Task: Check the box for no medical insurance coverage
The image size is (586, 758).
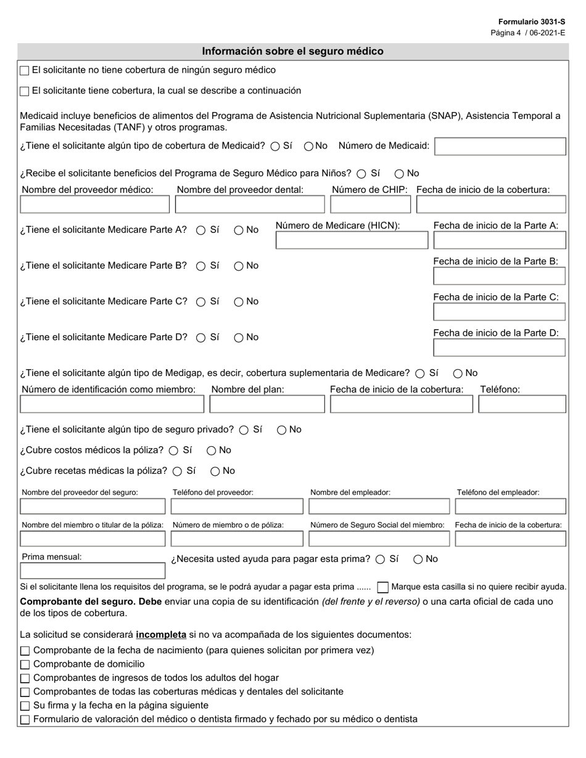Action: pos(25,71)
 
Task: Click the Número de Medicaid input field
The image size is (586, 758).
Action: pos(500,147)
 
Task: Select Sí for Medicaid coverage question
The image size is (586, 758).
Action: pos(275,147)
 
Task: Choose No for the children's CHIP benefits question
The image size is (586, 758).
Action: pos(399,174)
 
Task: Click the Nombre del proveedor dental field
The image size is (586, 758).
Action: pos(250,205)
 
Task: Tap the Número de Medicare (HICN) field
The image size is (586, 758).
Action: pos(352,240)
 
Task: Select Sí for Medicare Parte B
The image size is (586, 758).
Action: pos(201,266)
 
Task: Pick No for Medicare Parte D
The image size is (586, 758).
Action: pos(239,338)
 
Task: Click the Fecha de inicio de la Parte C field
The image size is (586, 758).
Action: pos(499,312)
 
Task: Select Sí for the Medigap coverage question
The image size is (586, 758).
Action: pos(420,373)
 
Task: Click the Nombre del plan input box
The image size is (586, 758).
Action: pos(267,404)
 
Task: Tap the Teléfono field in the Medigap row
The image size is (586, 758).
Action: pos(522,404)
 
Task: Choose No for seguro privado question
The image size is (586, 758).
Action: pos(281,430)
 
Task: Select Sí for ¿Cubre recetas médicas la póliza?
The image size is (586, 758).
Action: pos(178,471)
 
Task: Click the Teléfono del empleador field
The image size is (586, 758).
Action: pos(510,507)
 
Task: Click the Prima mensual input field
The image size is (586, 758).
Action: pos(93,571)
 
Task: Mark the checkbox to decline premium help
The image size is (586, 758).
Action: pos(382,587)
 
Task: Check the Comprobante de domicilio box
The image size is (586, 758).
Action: pos(25,664)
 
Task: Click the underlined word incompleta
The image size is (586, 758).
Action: pos(161,635)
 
